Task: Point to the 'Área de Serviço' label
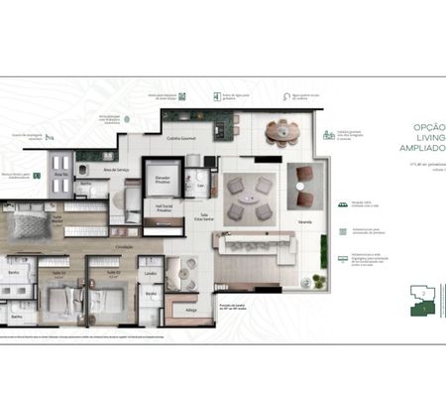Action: pyautogui.click(x=122, y=170)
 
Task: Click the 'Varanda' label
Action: pyautogui.click(x=304, y=222)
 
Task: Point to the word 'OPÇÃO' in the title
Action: pyautogui.click(x=427, y=128)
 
